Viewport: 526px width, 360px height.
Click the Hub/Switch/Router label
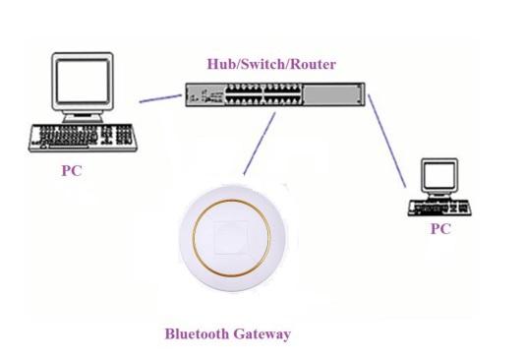point(271,64)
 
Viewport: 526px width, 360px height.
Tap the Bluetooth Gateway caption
point(228,334)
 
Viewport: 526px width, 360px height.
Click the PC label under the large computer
point(72,171)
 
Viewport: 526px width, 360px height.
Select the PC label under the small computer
point(440,229)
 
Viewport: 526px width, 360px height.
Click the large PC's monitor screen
point(83,81)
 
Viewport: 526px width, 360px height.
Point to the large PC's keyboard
point(83,138)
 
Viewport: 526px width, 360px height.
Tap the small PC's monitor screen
point(439,175)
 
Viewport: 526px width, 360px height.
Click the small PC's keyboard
point(439,208)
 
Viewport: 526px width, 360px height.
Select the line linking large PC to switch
point(160,98)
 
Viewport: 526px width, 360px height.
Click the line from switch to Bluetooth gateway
point(260,144)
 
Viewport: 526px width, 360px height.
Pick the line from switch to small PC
point(386,141)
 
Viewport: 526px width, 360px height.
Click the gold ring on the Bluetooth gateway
point(231,201)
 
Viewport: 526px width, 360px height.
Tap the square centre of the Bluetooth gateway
point(231,237)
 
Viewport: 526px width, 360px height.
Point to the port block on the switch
point(263,94)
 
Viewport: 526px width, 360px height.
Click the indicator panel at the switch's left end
point(205,94)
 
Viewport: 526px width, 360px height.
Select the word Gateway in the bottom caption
point(262,334)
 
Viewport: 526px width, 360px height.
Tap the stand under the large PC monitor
point(83,117)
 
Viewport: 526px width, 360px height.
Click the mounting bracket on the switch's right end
point(361,94)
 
